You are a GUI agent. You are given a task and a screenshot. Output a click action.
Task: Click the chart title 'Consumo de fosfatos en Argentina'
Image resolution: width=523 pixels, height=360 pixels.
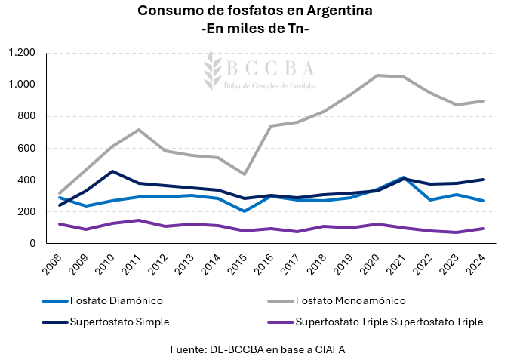click(x=256, y=11)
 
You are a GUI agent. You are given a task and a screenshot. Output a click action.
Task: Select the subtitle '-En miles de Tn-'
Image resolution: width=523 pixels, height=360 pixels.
click(x=256, y=29)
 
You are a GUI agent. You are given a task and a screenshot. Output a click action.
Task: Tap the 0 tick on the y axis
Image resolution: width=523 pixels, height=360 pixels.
click(x=32, y=243)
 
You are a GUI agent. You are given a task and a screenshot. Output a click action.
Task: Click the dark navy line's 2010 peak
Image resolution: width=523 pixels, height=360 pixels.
click(x=112, y=171)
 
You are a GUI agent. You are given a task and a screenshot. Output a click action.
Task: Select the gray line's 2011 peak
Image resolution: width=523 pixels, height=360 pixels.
click(x=139, y=130)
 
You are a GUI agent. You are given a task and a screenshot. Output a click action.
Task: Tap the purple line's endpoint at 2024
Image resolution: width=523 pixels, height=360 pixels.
click(x=483, y=229)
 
